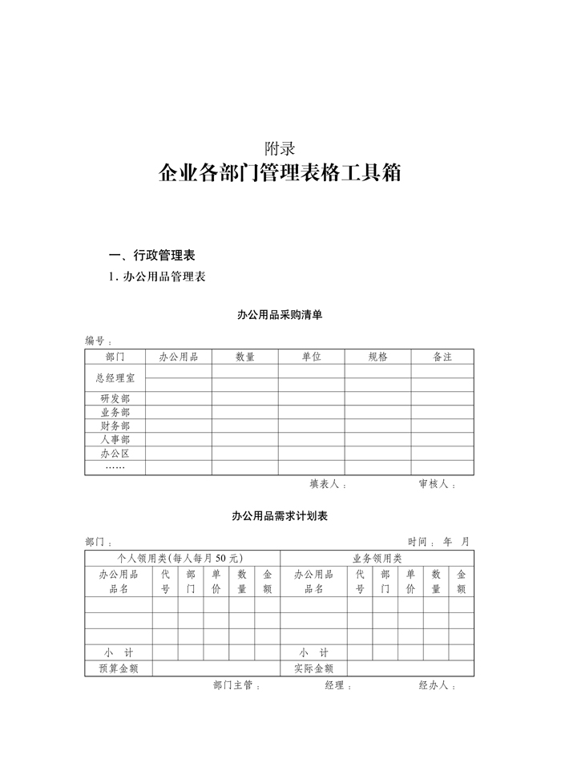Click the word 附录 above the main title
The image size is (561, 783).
(280, 147)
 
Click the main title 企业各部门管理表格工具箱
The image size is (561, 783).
(280, 173)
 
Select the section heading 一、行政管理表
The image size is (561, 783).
(151, 256)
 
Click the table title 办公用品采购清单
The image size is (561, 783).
(280, 315)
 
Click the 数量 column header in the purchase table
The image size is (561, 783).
(245, 357)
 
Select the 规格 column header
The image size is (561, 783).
(377, 357)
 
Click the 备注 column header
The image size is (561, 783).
(442, 357)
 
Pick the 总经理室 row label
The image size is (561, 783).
(115, 377)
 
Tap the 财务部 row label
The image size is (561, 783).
(115, 426)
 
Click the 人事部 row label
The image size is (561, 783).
(115, 439)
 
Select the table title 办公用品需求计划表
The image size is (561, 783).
(280, 516)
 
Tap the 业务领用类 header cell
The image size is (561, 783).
(377, 558)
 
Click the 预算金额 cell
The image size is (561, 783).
(119, 668)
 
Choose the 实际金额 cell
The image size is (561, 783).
(313, 668)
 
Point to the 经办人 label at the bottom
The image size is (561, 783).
(437, 686)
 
